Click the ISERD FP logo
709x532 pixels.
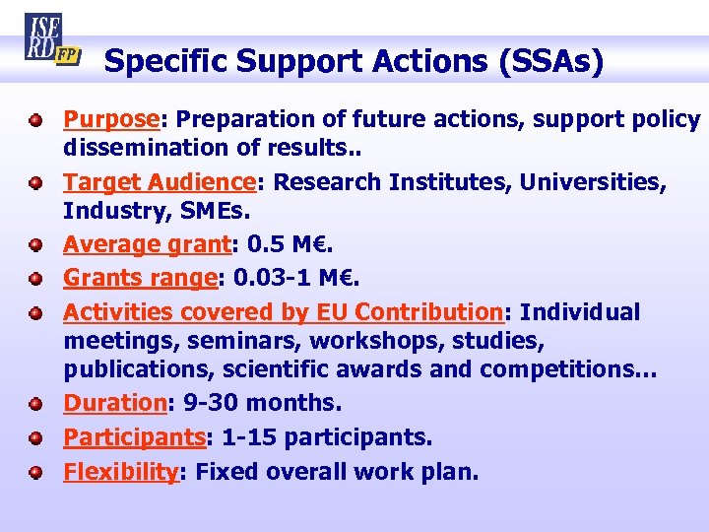pyautogui.click(x=49, y=39)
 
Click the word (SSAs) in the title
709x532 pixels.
pyautogui.click(x=551, y=61)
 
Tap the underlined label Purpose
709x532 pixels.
pyautogui.click(x=111, y=119)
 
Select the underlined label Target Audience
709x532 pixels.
pyautogui.click(x=160, y=182)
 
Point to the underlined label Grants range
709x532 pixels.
pyautogui.click(x=140, y=279)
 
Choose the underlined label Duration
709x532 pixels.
pyautogui.click(x=112, y=403)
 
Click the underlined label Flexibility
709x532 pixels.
pyautogui.click(x=120, y=471)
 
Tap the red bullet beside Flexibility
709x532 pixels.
pyautogui.click(x=34, y=472)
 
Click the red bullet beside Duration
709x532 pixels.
pyautogui.click(x=34, y=404)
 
